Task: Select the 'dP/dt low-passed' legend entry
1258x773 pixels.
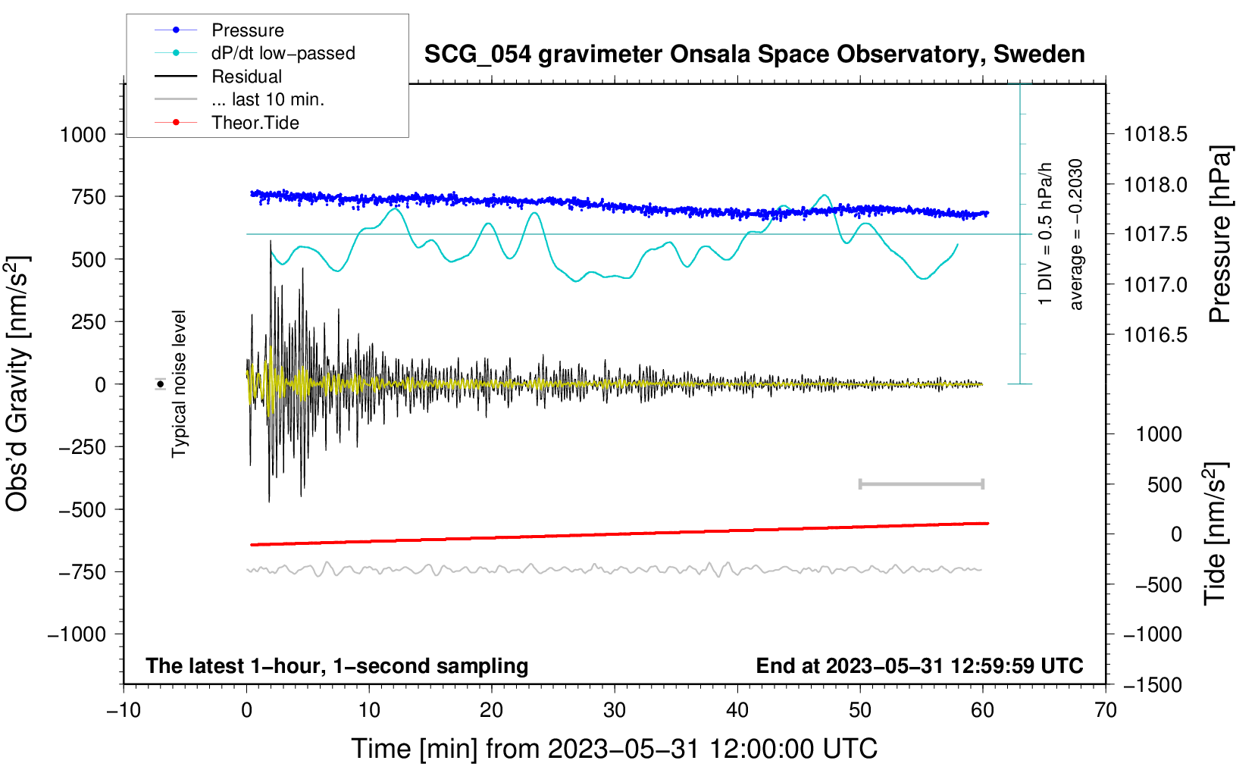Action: click(x=283, y=53)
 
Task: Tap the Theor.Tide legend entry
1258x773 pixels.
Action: click(x=255, y=123)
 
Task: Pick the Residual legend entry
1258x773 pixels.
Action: click(x=246, y=77)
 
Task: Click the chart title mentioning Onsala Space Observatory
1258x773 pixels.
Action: click(x=754, y=55)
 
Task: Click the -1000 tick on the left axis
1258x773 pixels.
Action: click(x=77, y=634)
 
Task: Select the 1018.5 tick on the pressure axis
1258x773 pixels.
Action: click(x=1155, y=135)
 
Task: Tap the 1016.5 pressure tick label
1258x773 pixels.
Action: click(x=1155, y=335)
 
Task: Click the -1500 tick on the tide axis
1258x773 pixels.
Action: click(x=1152, y=685)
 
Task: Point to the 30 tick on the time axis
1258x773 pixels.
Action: click(x=615, y=710)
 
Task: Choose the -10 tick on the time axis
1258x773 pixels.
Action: click(x=124, y=710)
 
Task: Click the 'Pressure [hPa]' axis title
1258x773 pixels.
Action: click(x=1220, y=235)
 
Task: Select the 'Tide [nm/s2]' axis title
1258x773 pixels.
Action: click(x=1216, y=534)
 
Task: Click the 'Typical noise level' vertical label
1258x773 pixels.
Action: click(x=179, y=383)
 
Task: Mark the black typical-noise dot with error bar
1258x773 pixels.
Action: click(x=161, y=384)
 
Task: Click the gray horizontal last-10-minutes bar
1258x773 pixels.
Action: click(x=921, y=484)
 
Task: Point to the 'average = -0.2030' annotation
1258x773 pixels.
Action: click(x=1076, y=235)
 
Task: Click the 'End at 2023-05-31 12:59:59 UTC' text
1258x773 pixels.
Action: click(x=919, y=666)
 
